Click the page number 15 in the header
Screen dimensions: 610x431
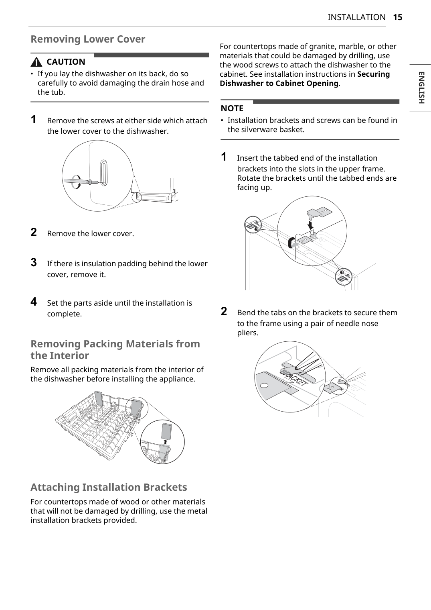tap(397, 17)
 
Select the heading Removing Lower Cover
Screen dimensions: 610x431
tap(88, 39)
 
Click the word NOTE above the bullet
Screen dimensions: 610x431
tap(232, 108)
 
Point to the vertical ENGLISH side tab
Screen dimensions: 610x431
tap(421, 88)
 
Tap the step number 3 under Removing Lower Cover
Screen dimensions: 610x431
tap(34, 263)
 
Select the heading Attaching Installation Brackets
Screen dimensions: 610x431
tap(109, 487)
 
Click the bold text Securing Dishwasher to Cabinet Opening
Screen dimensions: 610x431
tap(305, 79)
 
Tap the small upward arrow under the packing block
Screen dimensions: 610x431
tap(165, 442)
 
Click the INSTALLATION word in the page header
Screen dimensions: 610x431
tap(356, 17)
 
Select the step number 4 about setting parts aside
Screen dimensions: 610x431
tap(34, 302)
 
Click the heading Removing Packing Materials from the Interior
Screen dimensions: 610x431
tap(115, 349)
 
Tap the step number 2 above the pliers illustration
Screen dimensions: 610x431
tap(224, 311)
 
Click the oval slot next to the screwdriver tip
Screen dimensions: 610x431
tap(104, 173)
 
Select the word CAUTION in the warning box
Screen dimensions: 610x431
tap(66, 62)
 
